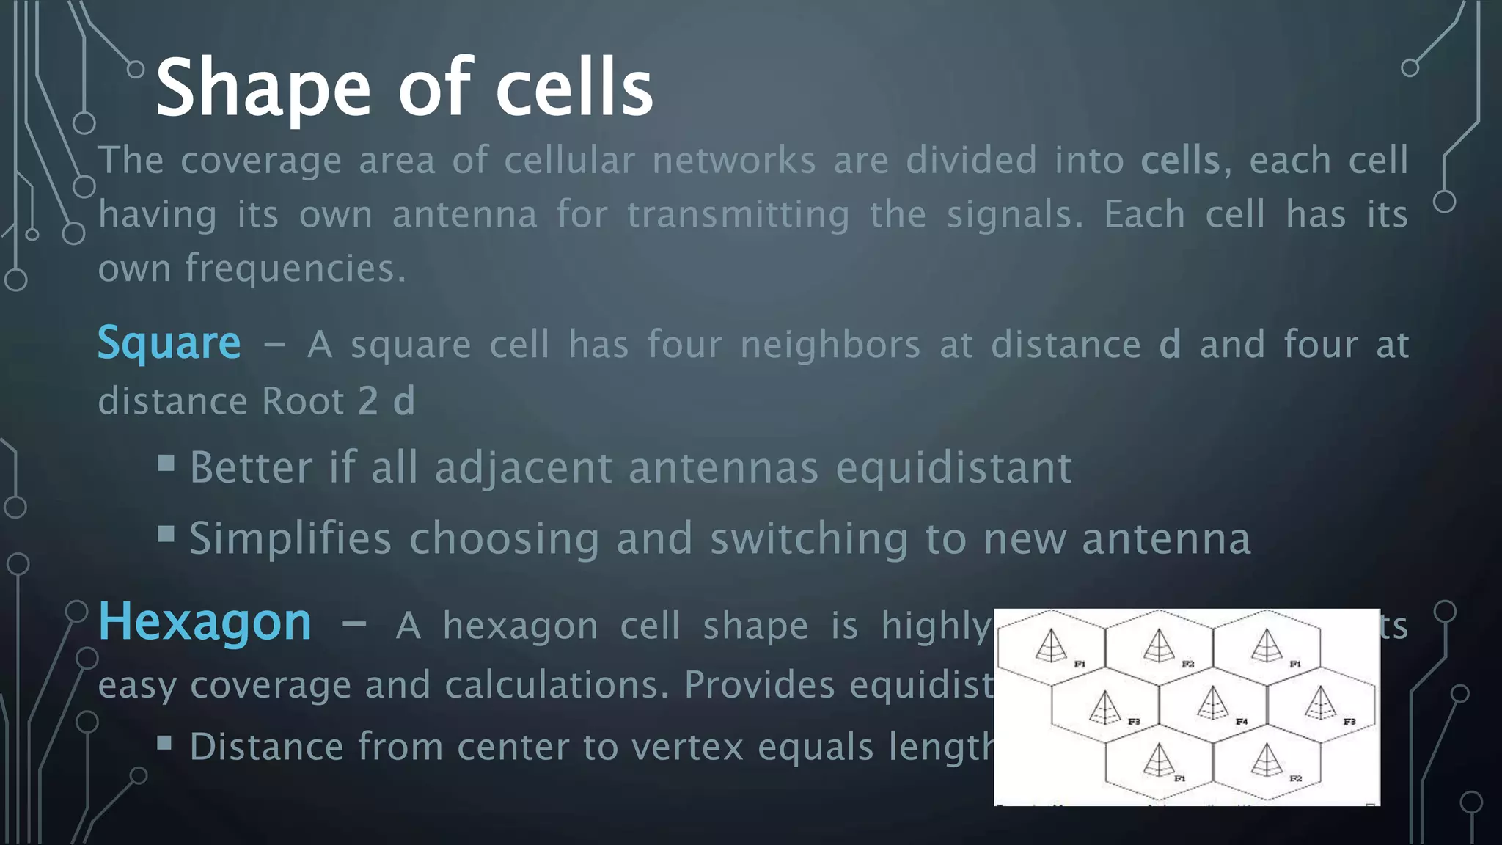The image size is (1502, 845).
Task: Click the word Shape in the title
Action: pos(263,88)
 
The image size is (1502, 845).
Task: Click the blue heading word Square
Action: pos(169,343)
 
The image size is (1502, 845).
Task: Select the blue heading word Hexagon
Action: pos(205,622)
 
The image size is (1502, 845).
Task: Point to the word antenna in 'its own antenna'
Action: pos(464,215)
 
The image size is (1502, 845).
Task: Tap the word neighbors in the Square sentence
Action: pos(829,345)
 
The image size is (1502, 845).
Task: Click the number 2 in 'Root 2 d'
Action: pos(368,401)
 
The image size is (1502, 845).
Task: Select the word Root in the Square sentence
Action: pos(303,401)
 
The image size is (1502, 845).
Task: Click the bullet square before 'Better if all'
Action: pos(166,463)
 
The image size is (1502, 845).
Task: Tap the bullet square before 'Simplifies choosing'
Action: pos(166,533)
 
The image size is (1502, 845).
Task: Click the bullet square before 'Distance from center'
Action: pos(165,743)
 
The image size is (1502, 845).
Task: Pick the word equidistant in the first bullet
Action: pos(953,467)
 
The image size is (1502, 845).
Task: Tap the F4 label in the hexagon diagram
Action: pos(1242,722)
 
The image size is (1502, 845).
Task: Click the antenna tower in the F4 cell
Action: pos(1212,702)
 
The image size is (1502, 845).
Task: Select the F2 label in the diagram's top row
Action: pos(1188,664)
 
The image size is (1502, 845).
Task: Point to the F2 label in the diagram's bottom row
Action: pos(1296,778)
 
